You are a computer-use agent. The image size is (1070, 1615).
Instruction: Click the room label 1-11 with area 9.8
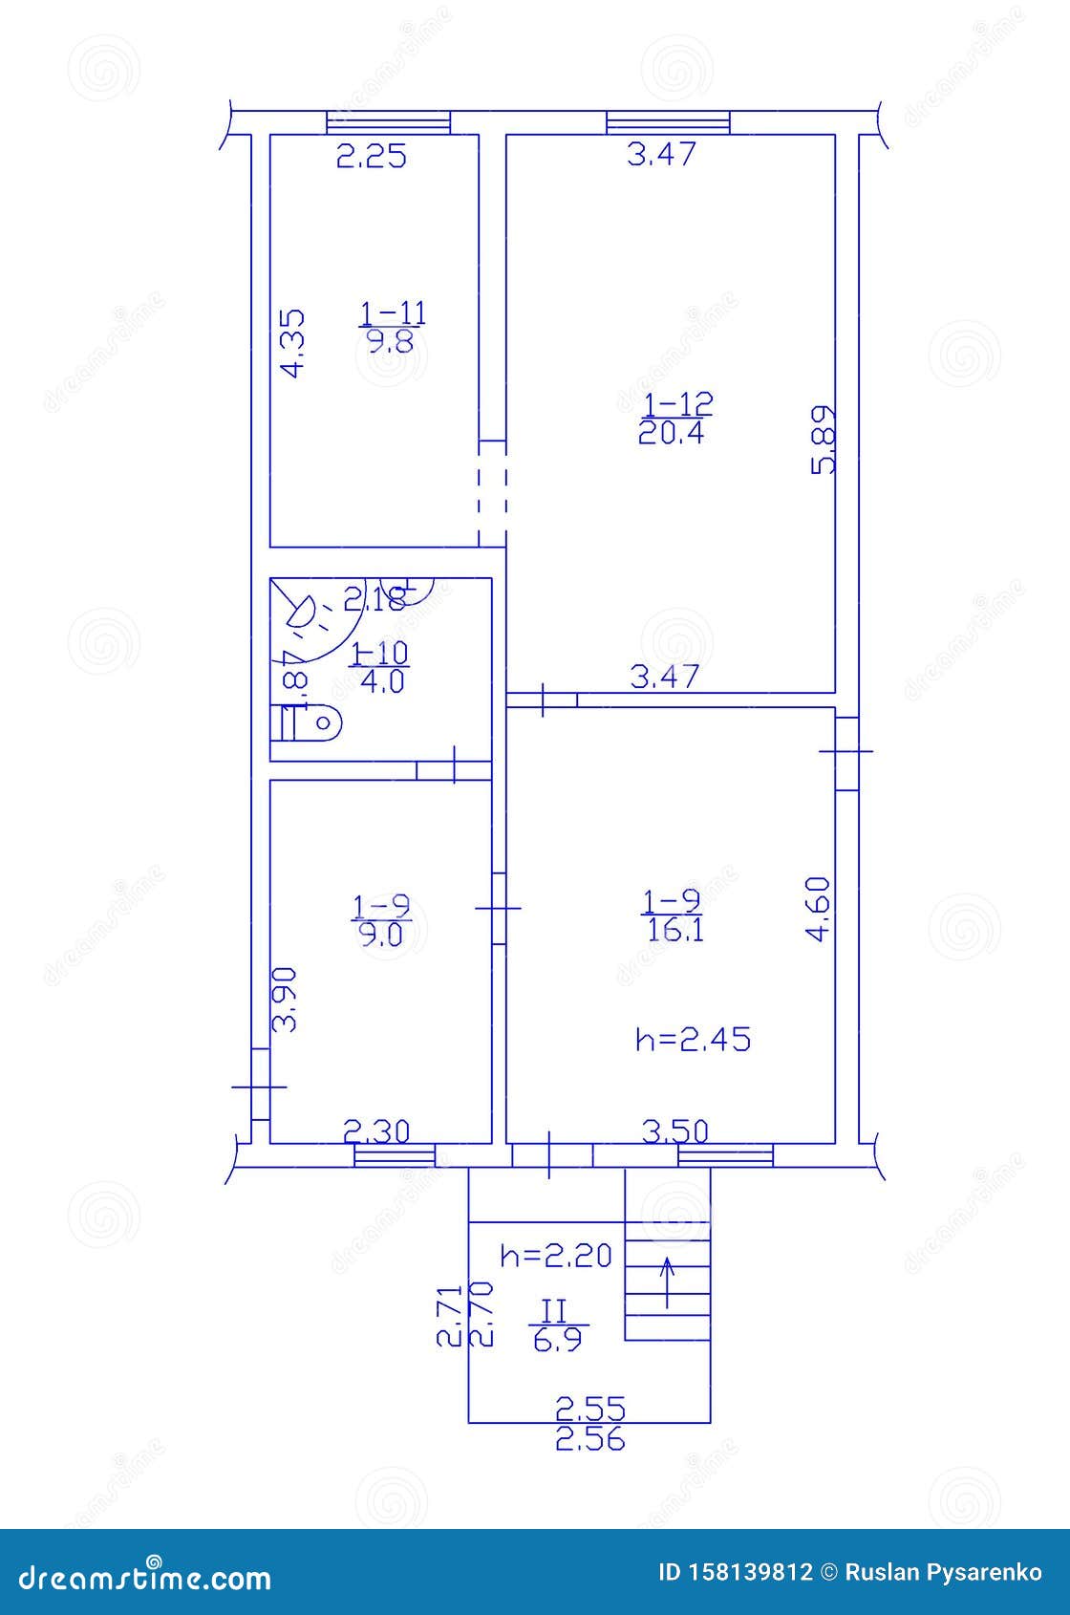pyautogui.click(x=393, y=327)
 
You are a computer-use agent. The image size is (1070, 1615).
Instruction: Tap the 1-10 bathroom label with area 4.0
pyautogui.click(x=379, y=667)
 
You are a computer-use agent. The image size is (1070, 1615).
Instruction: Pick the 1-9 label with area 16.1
pyautogui.click(x=673, y=915)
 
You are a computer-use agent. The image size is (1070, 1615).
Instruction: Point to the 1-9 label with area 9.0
pyautogui.click(x=380, y=919)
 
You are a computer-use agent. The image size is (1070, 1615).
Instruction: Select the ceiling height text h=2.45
pyautogui.click(x=693, y=1039)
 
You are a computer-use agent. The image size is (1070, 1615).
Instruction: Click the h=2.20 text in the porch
pyautogui.click(x=555, y=1255)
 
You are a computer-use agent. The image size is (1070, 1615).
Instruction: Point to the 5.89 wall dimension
pyautogui.click(x=823, y=439)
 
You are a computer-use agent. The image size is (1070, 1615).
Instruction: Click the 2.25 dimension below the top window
pyautogui.click(x=372, y=156)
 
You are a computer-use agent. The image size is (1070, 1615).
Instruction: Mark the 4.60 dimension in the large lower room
pyautogui.click(x=819, y=909)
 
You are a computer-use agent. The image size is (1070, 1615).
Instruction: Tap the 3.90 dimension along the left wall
pyautogui.click(x=286, y=1000)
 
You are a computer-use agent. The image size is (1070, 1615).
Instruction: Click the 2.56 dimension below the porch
pyautogui.click(x=590, y=1439)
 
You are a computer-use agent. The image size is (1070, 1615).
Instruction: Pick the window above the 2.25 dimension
pyautogui.click(x=388, y=122)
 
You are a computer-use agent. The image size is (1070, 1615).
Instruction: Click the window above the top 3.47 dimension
pyautogui.click(x=668, y=122)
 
